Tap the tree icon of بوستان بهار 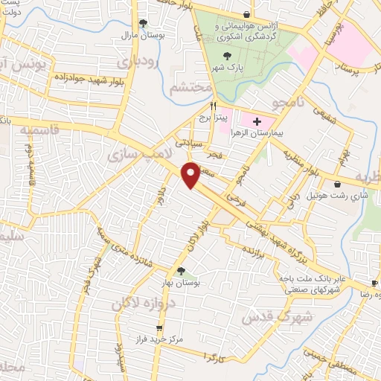180,271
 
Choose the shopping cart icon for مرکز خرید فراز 159,328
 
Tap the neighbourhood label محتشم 185,88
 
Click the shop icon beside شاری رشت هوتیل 339,184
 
